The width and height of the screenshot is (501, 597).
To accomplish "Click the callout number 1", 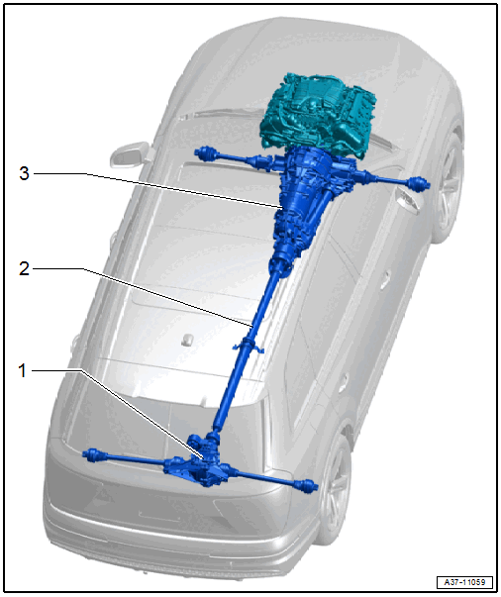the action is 23,370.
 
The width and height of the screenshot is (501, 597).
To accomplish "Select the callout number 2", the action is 24,269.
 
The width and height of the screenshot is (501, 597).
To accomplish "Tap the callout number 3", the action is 24,173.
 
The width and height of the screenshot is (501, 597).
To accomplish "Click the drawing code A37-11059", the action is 464,582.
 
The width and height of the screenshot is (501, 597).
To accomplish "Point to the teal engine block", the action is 318,111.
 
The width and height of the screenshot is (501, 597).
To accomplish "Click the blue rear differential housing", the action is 201,459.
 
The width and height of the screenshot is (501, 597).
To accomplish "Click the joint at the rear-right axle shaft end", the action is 307,486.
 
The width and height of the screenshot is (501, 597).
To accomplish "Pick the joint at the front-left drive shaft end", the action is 204,152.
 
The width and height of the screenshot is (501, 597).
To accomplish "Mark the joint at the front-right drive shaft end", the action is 419,183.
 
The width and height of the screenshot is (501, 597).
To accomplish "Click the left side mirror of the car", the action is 128,154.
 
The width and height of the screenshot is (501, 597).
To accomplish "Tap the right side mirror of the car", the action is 407,200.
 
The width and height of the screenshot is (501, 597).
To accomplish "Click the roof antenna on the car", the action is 187,340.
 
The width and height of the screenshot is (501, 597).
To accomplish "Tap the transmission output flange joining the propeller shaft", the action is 280,263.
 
